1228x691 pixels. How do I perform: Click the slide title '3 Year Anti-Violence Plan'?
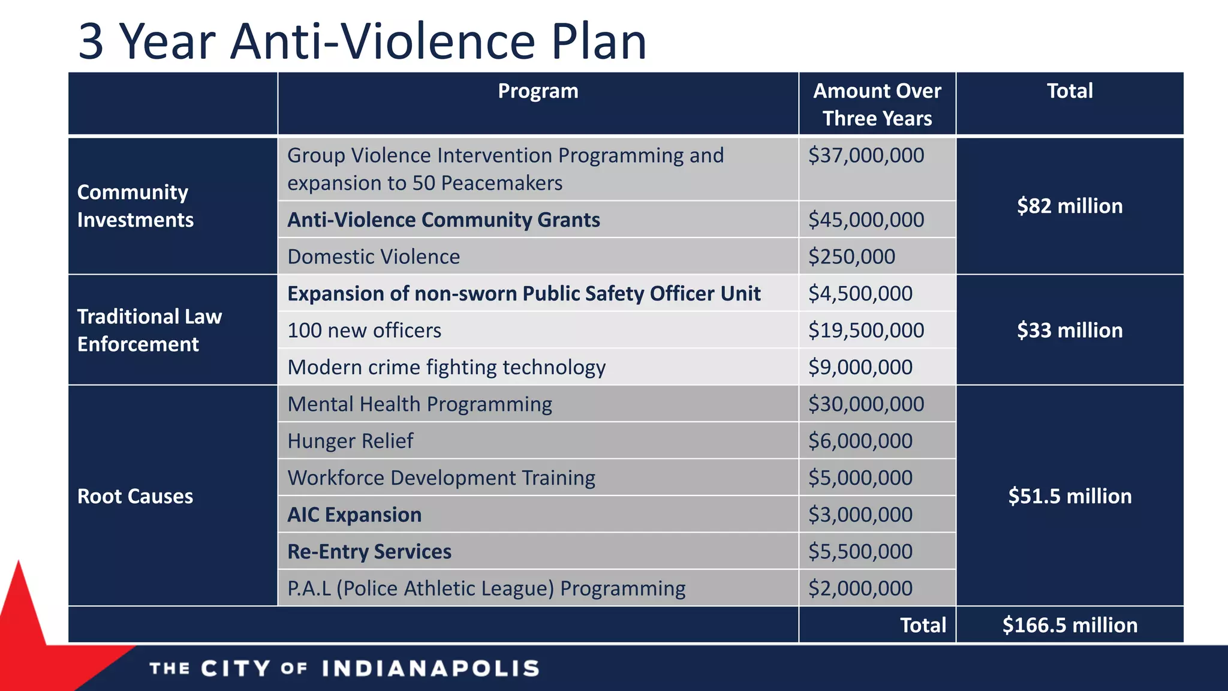[362, 41]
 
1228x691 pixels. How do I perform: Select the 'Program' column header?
[538, 91]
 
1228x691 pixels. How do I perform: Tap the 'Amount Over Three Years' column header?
[877, 104]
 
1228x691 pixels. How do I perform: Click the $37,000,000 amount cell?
[866, 155]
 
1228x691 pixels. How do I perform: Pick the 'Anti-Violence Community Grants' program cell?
[443, 220]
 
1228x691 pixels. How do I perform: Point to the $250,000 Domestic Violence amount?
[851, 257]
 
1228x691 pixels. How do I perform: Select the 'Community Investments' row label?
[136, 206]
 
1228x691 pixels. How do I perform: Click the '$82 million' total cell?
[1069, 206]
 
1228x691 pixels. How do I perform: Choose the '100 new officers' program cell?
[364, 331]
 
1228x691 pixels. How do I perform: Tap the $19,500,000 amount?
[866, 331]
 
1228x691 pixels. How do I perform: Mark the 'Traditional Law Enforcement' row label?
[149, 330]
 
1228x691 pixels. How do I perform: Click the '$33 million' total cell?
[1069, 331]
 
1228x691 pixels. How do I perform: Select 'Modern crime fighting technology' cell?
[446, 367]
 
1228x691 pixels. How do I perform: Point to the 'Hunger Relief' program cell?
[350, 441]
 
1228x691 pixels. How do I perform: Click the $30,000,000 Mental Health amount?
[866, 404]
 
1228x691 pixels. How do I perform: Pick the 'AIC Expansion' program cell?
[354, 515]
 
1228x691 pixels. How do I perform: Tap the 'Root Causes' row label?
[136, 496]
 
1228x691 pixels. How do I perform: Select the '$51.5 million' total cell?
[1069, 496]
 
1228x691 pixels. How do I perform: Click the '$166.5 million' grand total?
[1069, 625]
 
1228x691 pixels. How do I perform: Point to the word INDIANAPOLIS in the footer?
[431, 668]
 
